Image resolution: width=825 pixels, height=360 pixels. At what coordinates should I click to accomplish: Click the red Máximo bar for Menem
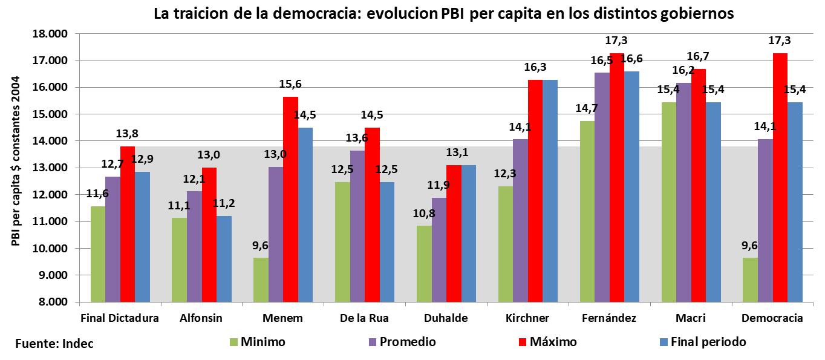[290, 199]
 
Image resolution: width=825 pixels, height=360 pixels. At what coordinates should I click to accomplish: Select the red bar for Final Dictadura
[128, 224]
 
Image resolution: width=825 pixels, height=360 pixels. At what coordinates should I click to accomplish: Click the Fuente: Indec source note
[54, 344]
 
